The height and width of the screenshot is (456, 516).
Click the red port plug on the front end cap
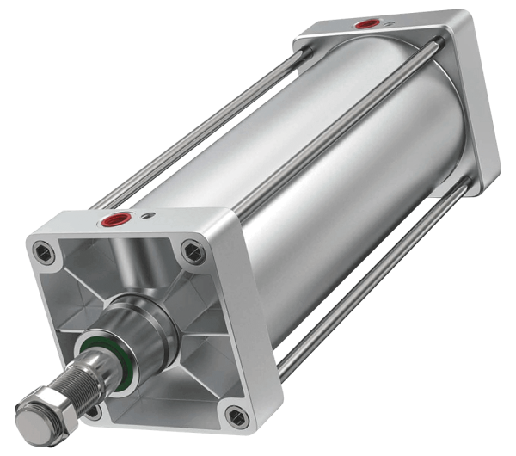[112, 221]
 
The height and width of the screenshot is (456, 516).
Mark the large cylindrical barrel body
[344, 172]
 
